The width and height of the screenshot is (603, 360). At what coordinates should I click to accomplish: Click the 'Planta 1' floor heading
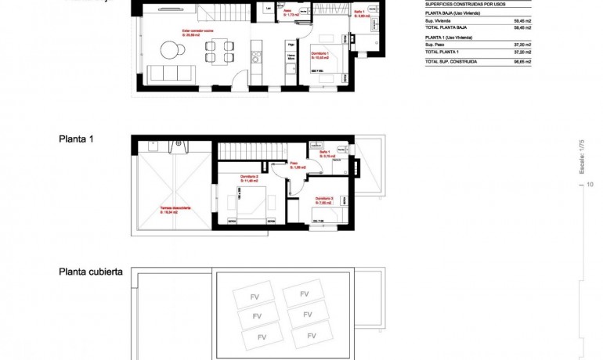point(76,139)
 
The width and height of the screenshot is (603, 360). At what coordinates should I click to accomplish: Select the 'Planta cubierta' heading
point(90,272)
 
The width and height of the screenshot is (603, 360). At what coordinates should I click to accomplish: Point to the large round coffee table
point(171,50)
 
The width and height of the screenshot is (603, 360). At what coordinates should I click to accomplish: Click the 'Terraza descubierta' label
point(175,209)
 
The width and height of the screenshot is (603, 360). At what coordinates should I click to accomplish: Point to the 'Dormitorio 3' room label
point(324,200)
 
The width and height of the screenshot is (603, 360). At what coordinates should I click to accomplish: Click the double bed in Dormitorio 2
point(251,202)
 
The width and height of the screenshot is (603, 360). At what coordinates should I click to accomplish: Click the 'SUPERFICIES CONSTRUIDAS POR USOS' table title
point(467,4)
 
